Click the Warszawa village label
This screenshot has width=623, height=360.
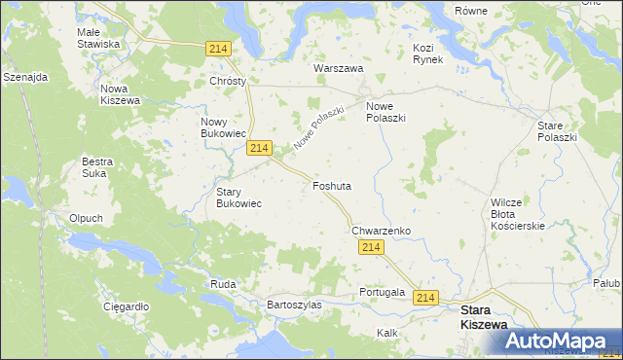(338, 69)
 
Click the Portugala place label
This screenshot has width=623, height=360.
(381, 292)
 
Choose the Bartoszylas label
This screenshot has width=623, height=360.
(294, 305)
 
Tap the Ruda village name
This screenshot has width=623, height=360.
(222, 284)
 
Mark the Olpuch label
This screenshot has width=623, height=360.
(86, 218)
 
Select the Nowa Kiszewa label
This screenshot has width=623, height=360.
(121, 94)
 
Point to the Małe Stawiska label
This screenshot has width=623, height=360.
(98, 38)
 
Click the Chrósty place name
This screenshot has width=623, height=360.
(228, 82)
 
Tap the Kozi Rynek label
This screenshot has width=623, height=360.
(427, 54)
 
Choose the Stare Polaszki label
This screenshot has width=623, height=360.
(557, 131)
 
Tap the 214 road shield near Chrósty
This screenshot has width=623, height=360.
(218, 49)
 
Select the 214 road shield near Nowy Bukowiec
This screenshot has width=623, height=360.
(258, 148)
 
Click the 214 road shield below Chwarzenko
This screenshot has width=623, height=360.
(369, 249)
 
